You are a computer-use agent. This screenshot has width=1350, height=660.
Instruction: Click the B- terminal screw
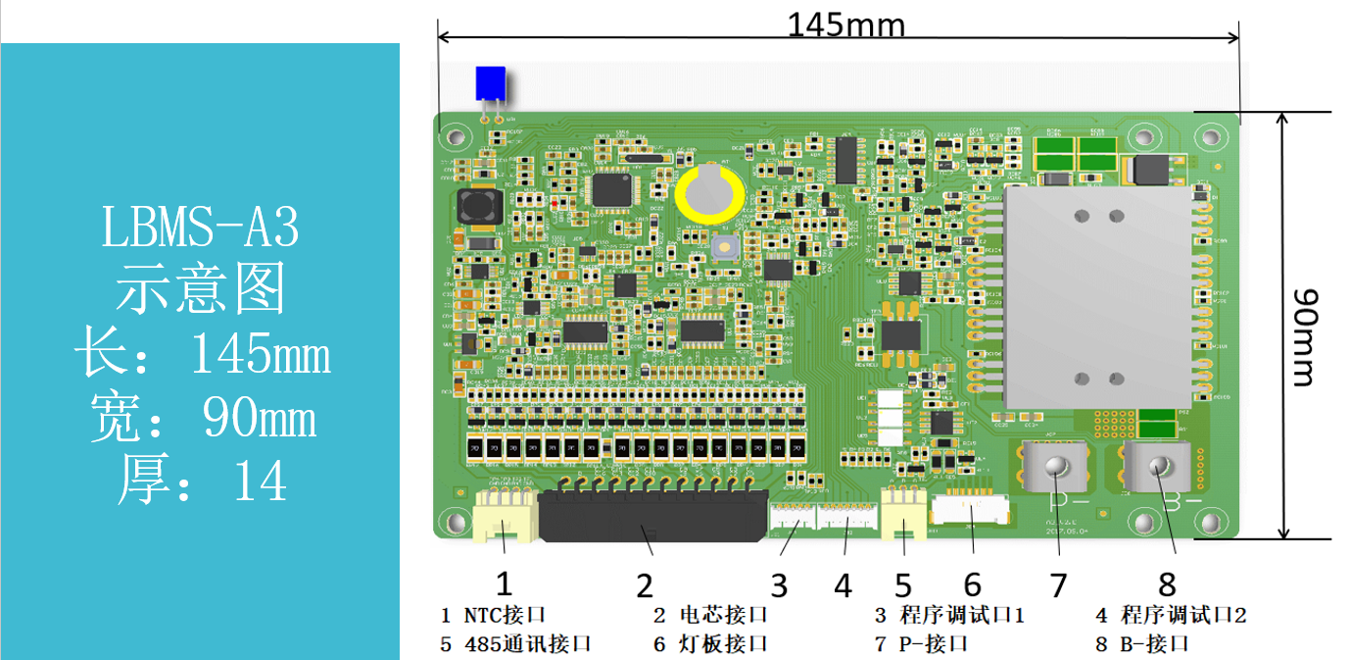[x=1160, y=468]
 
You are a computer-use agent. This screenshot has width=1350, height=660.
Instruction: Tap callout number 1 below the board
[x=504, y=584]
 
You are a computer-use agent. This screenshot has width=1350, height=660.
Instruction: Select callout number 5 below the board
[x=903, y=585]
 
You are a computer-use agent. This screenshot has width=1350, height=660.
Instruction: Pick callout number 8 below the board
[x=1167, y=584]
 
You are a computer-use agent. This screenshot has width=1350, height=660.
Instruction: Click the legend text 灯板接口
[x=724, y=644]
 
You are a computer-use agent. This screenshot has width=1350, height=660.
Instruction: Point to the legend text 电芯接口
[x=724, y=616]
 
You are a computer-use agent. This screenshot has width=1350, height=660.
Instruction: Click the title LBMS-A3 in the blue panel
[x=200, y=228]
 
